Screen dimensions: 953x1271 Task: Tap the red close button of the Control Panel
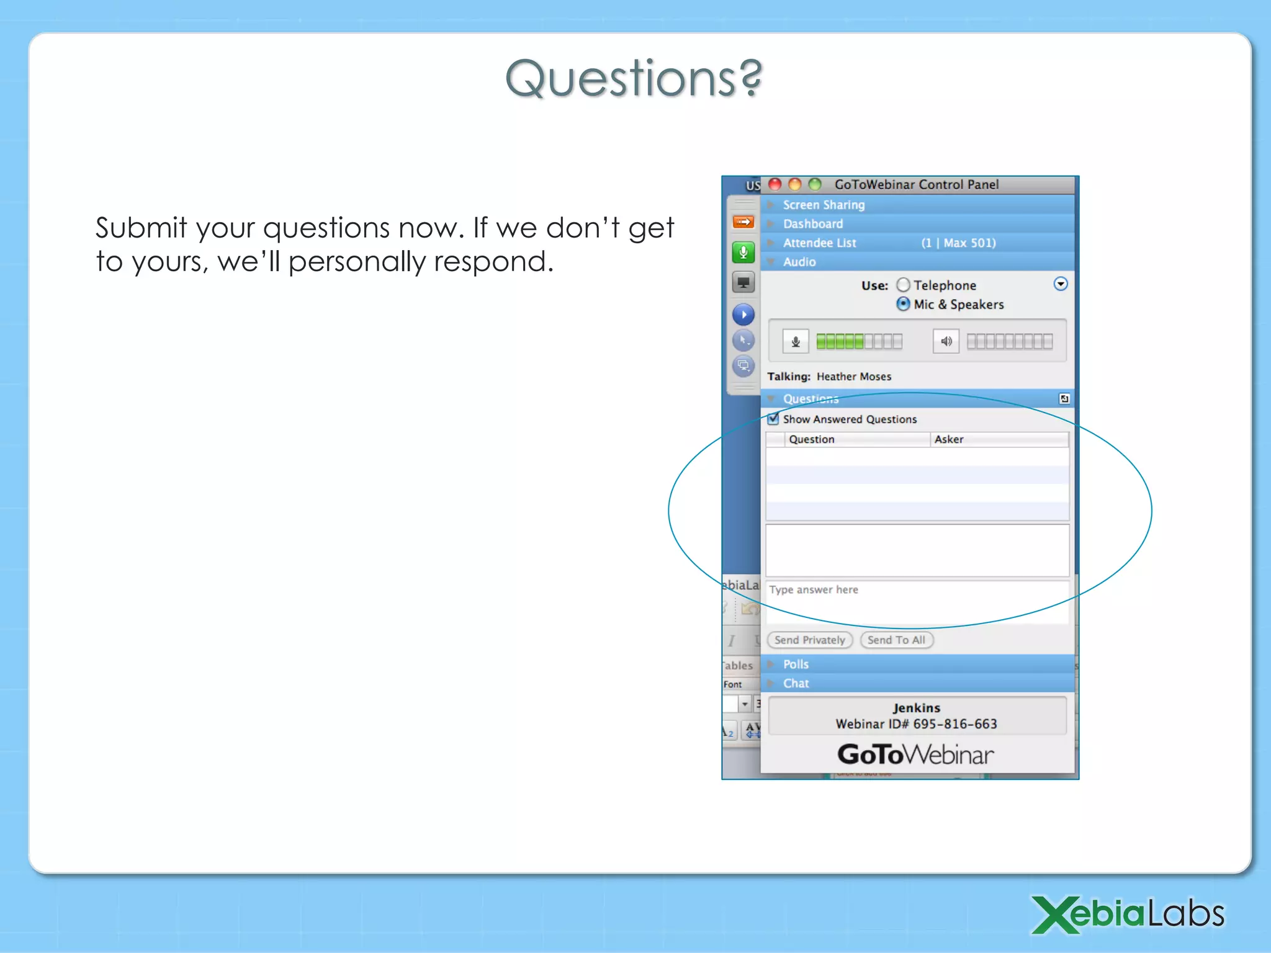(775, 184)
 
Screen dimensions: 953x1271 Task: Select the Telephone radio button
(904, 285)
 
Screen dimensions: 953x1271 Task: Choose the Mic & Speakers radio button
(904, 304)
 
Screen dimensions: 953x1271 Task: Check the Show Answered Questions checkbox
(773, 419)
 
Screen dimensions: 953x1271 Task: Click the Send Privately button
(809, 640)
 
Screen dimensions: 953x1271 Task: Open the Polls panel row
(796, 664)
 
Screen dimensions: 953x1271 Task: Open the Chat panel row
(796, 683)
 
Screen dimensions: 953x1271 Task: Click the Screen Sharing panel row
(824, 205)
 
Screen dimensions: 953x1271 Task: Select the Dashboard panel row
(813, 223)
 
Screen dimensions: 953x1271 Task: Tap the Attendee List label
(819, 243)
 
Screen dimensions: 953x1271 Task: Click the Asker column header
(949, 439)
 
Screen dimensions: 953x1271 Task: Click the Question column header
(812, 439)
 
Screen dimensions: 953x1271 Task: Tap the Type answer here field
(917, 601)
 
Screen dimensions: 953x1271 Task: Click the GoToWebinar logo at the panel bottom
(915, 754)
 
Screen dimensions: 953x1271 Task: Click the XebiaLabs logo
(1128, 914)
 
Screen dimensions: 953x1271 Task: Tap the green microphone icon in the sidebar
(743, 252)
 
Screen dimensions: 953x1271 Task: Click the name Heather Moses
(853, 377)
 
